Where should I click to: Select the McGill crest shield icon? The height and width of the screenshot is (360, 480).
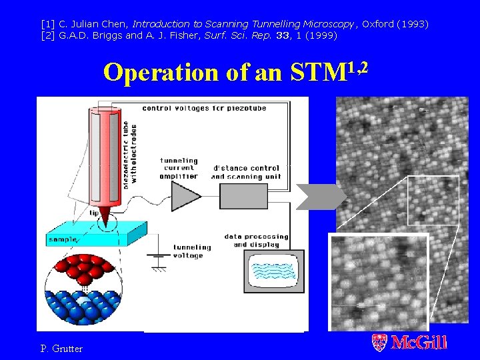[379, 343]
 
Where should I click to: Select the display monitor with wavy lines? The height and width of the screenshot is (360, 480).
[273, 272]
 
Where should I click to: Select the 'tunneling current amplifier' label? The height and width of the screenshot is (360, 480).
[179, 168]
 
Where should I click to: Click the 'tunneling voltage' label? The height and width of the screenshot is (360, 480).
[193, 251]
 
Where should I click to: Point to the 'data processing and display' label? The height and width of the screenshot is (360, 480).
[256, 240]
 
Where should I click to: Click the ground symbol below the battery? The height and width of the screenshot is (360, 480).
[158, 267]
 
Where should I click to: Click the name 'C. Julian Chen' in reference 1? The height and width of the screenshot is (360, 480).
[94, 24]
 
